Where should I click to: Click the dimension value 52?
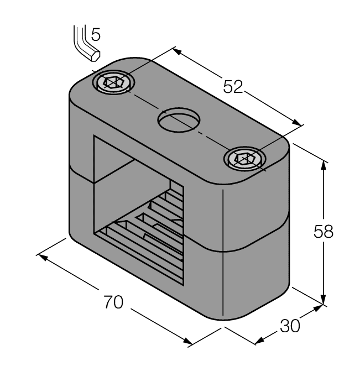point(233,87)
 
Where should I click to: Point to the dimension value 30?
point(289,326)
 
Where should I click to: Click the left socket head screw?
point(114,83)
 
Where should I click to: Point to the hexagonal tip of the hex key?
point(95,55)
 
